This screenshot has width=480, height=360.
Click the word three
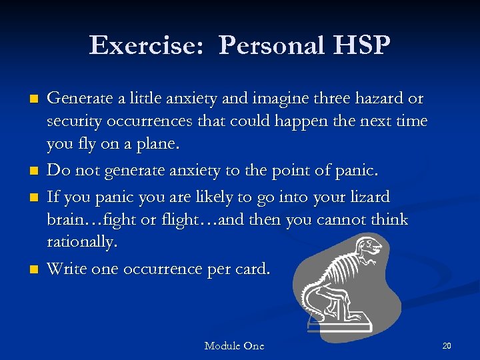click(304, 99)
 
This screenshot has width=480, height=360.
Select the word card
click(254, 269)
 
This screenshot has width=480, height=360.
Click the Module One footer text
click(234, 345)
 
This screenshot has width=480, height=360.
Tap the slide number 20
click(447, 345)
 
